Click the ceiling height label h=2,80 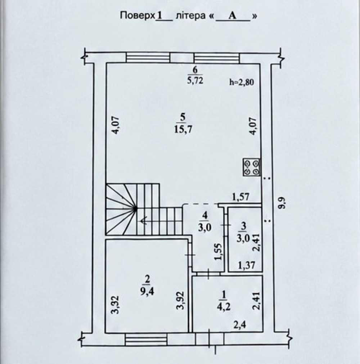(242, 82)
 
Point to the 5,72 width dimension (195, 80)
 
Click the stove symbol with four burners (251, 167)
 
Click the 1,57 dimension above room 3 (241, 197)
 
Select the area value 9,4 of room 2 (147, 291)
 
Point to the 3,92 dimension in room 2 (180, 300)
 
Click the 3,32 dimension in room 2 (115, 304)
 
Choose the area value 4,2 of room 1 (224, 307)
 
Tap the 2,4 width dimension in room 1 (240, 325)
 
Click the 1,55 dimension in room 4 (219, 252)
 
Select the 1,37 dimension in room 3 (247, 265)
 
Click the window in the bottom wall (146, 340)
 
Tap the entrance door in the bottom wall (210, 340)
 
